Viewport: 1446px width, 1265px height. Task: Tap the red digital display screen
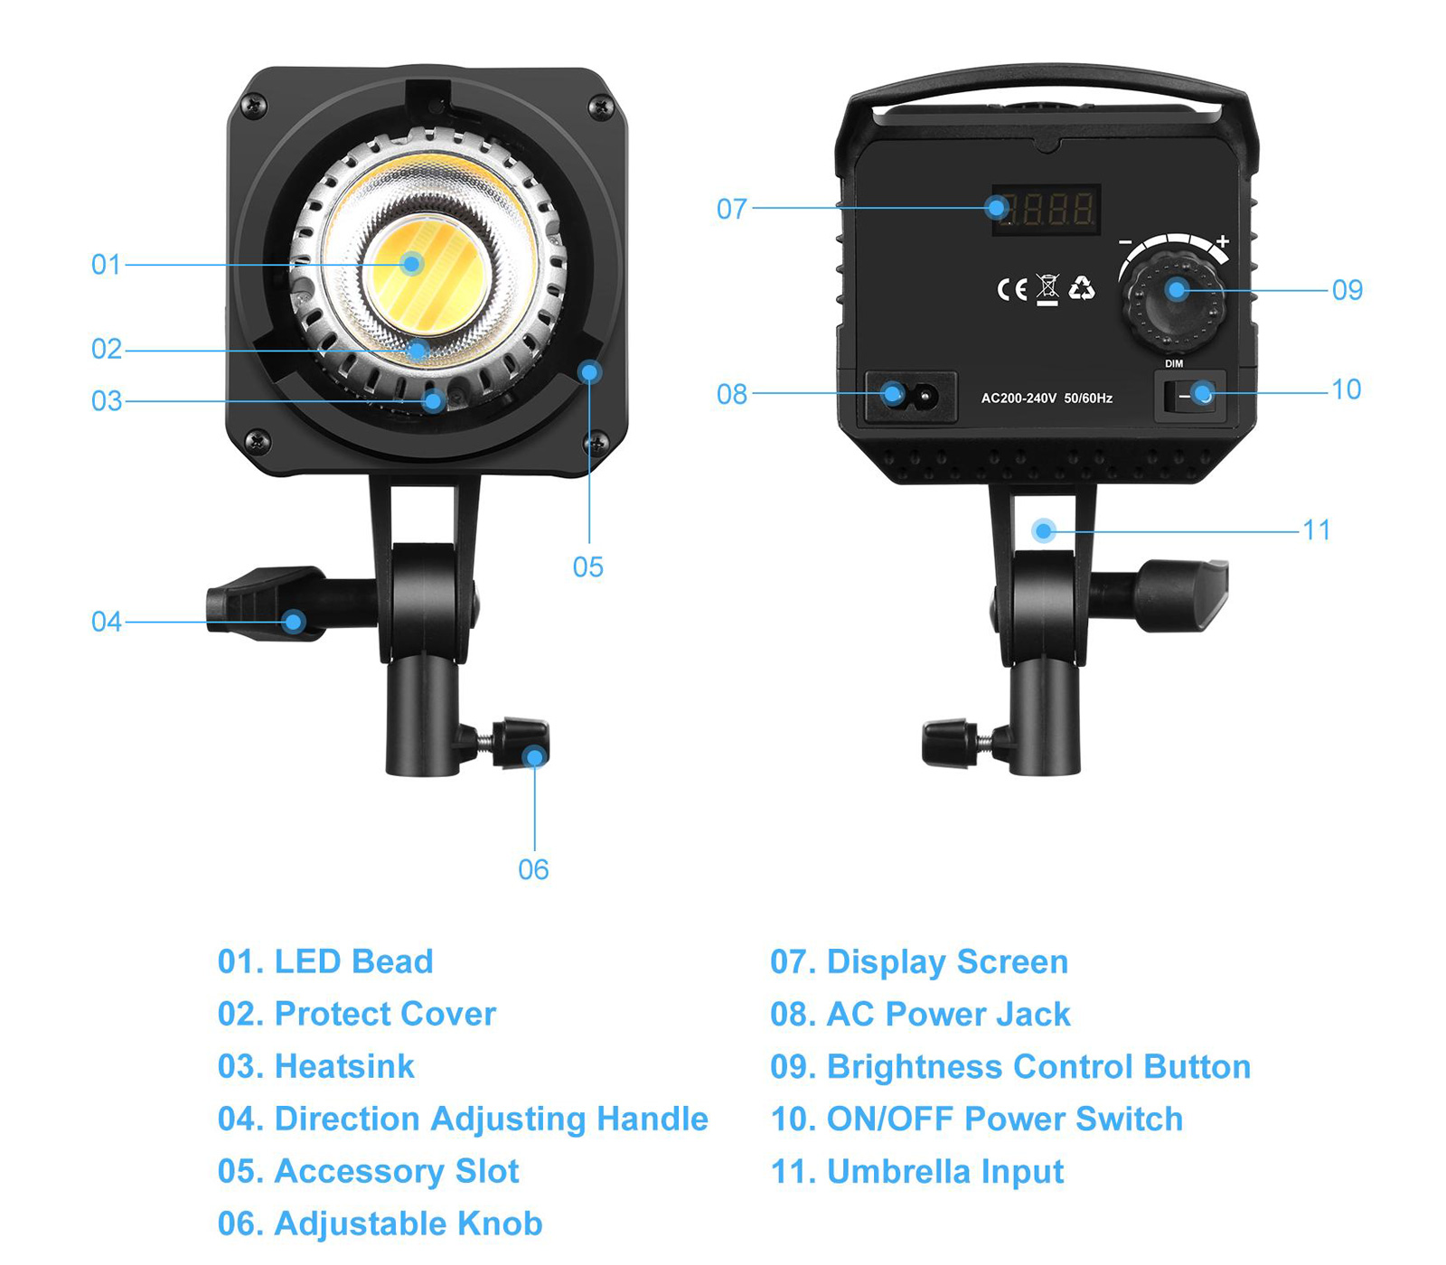point(1046,210)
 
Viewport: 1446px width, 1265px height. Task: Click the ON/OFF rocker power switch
point(1190,397)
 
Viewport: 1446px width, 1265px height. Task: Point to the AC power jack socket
point(911,396)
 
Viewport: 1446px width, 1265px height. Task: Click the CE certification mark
point(1012,289)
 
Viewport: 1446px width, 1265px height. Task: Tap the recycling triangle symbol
point(1082,288)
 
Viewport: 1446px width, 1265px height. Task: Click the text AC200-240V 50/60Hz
point(1047,398)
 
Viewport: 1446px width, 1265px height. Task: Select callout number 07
point(732,210)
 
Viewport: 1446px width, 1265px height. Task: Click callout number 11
point(1317,530)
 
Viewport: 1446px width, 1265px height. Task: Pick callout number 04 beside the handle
point(106,622)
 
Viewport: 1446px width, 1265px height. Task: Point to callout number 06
point(533,870)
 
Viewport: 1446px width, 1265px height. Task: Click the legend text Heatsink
point(344,1067)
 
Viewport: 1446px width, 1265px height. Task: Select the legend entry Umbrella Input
point(917,1172)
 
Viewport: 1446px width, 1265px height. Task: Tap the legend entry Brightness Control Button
point(1010,1067)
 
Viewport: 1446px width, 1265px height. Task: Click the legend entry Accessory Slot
point(369,1172)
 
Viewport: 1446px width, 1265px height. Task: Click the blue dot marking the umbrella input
point(1044,530)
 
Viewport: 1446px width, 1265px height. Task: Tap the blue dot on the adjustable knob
point(535,756)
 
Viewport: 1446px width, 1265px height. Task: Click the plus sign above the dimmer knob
point(1223,241)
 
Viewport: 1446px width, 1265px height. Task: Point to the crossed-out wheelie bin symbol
point(1047,290)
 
